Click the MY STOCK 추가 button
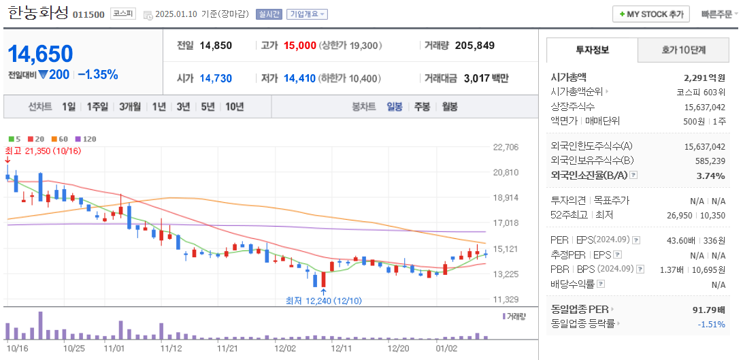(x=651, y=14)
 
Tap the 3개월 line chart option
(x=129, y=107)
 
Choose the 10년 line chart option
(x=234, y=107)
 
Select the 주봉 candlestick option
(x=422, y=107)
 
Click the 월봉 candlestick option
(x=449, y=107)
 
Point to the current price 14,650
(x=41, y=54)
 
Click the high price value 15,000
(x=299, y=46)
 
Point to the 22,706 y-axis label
(x=505, y=147)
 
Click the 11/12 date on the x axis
(x=171, y=348)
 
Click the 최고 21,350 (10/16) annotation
(x=43, y=150)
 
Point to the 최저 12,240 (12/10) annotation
(x=324, y=301)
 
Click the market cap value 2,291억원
(x=704, y=78)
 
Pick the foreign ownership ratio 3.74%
(x=711, y=176)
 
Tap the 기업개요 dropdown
(x=307, y=14)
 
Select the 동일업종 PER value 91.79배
(x=708, y=310)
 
